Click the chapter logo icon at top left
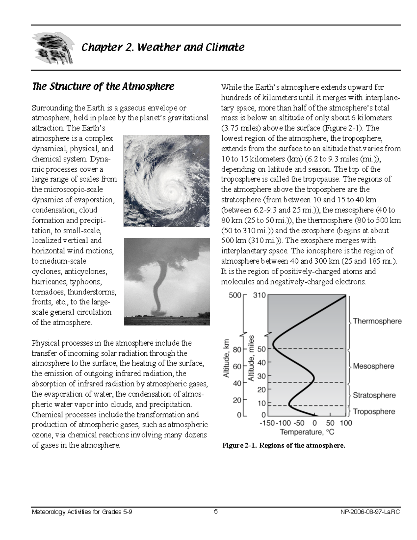[53, 48]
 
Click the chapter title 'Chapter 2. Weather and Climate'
[163, 47]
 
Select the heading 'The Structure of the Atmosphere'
[103, 86]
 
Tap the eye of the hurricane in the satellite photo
[171, 190]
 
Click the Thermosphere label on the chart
[377, 321]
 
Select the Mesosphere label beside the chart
[374, 366]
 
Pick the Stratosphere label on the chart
[374, 395]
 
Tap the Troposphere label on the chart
[374, 411]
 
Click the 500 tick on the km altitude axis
[235, 296]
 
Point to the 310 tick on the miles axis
[259, 296]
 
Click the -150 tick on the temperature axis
[267, 423]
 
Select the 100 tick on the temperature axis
[346, 423]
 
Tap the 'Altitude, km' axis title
[226, 358]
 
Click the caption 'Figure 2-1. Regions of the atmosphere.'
[284, 445]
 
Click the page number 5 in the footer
[216, 511]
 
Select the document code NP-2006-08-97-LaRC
[371, 512]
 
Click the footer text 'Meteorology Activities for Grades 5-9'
[82, 512]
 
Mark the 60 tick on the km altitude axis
[237, 366]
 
